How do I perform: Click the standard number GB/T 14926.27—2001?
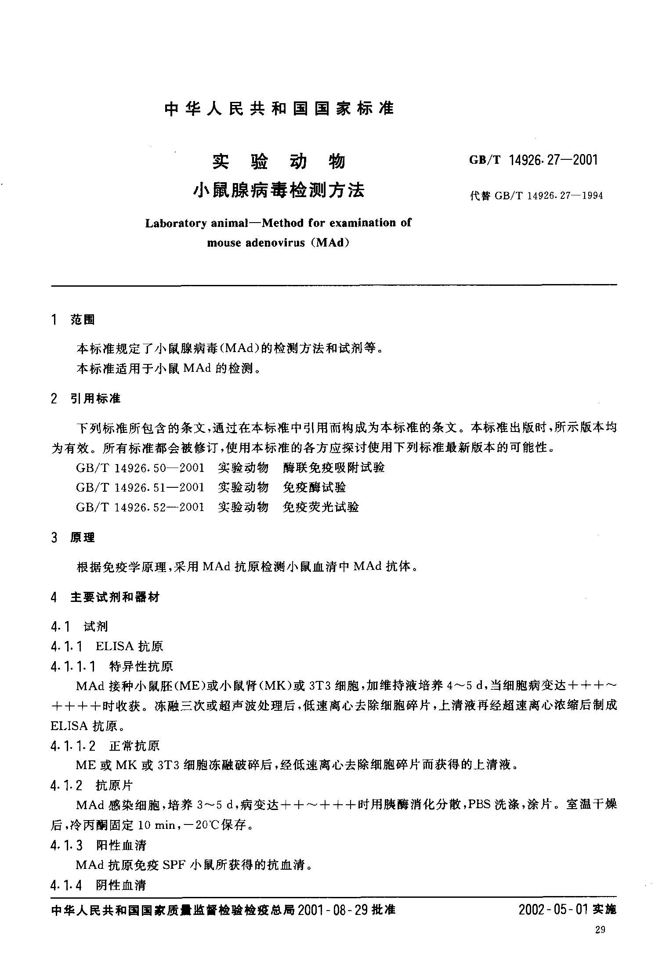tap(533, 160)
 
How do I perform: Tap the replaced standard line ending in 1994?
tap(536, 195)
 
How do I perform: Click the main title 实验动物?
tap(279, 162)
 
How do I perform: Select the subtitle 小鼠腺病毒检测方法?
tap(279, 191)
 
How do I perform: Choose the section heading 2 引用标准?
tap(86, 399)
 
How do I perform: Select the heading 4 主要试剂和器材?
tap(105, 597)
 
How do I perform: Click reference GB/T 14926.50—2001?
tap(140, 468)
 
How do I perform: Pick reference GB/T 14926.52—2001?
tap(140, 507)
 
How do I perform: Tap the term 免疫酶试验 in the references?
tap(315, 487)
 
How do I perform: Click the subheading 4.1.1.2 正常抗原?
tap(105, 745)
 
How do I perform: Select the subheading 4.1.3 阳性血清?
tap(98, 845)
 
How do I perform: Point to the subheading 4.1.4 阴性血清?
tap(98, 885)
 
